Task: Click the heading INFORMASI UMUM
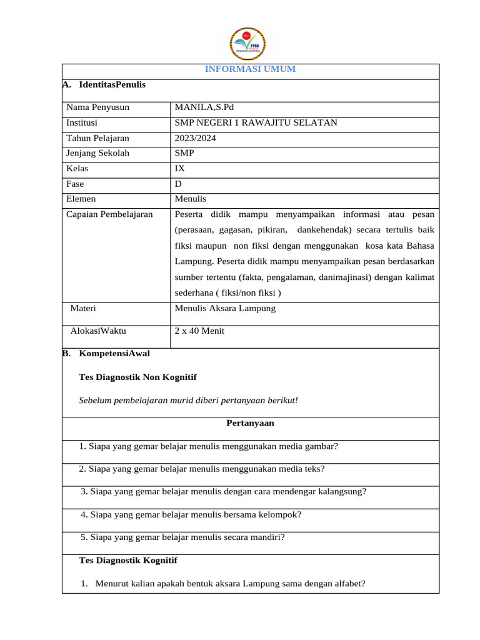[250, 69]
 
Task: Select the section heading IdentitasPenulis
[112, 84]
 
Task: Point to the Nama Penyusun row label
[97, 107]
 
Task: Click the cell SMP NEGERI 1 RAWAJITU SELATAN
[256, 122]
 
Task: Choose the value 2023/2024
[196, 138]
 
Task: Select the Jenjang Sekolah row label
[97, 153]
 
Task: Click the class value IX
[181, 169]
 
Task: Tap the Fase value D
[179, 184]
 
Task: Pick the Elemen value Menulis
[191, 199]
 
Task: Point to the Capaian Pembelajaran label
[109, 214]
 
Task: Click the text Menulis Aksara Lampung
[225, 308]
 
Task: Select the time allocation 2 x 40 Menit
[199, 331]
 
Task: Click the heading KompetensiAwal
[114, 353]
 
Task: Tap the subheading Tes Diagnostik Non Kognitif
[137, 377]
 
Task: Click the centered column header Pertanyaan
[250, 423]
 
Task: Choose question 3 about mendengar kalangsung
[223, 491]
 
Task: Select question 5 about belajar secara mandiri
[182, 537]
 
